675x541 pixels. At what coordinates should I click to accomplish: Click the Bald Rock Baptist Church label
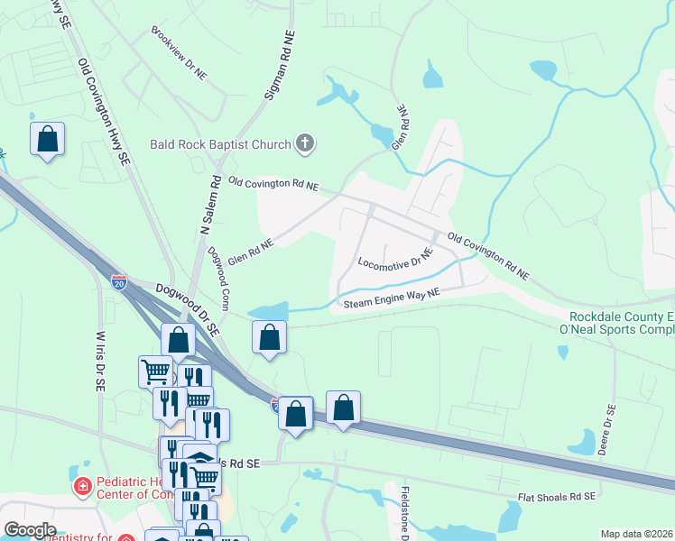point(220,144)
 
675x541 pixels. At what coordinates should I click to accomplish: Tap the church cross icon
point(305,143)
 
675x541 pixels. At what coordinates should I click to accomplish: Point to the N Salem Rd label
point(208,206)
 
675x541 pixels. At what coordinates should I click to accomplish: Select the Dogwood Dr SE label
point(187,309)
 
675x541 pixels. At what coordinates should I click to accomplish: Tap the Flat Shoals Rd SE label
point(557,497)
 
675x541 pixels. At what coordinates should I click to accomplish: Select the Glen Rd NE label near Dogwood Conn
point(250,251)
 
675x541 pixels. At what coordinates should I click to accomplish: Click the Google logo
point(29,530)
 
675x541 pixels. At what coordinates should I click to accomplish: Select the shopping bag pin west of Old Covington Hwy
point(47,139)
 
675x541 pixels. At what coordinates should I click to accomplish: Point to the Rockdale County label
point(622,316)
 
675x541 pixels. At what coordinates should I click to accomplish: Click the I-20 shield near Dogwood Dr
point(118,282)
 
